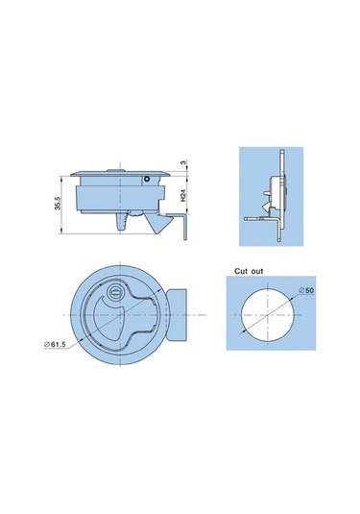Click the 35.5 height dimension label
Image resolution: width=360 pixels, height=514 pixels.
pyautogui.click(x=58, y=205)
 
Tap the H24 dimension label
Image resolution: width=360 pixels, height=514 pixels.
pyautogui.click(x=183, y=195)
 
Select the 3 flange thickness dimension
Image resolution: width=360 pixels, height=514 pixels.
pyautogui.click(x=183, y=162)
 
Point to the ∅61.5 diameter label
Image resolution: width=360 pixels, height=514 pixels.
pyautogui.click(x=55, y=344)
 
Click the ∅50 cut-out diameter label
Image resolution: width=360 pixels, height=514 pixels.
pyautogui.click(x=306, y=290)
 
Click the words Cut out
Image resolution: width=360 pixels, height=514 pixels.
pyautogui.click(x=249, y=271)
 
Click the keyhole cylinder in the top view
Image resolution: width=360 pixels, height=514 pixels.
pyautogui.click(x=115, y=290)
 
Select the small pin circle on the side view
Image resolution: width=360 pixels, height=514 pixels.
pyautogui.click(x=147, y=179)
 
